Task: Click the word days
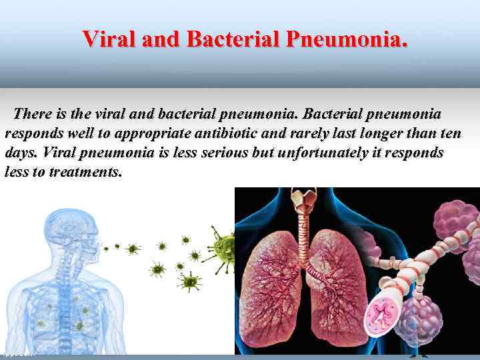click(21, 152)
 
